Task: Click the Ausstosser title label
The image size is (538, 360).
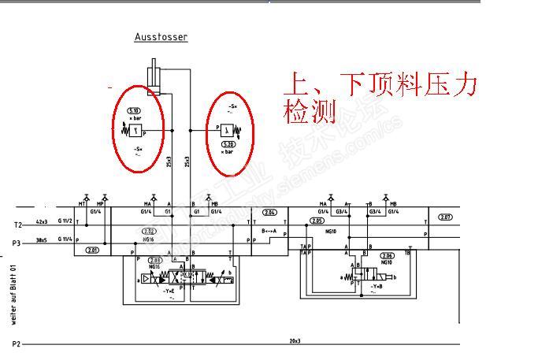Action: tap(161, 37)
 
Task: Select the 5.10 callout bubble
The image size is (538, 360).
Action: tap(134, 111)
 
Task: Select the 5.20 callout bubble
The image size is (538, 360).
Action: tap(228, 144)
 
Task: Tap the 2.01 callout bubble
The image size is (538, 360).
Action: tap(92, 250)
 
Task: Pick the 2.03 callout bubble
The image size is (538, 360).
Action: tap(155, 259)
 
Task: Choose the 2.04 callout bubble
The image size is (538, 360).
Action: tap(270, 213)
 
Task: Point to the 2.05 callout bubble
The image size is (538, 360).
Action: tap(317, 221)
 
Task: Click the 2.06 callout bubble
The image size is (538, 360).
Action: tap(387, 256)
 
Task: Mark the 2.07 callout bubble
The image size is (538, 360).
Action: tap(445, 217)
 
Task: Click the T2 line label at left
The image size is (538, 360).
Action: tap(17, 225)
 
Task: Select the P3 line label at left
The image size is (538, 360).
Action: tap(17, 243)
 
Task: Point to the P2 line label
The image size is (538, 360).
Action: tap(16, 343)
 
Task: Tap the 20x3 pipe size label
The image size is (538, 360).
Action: tap(296, 340)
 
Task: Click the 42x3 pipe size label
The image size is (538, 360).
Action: tap(43, 222)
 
